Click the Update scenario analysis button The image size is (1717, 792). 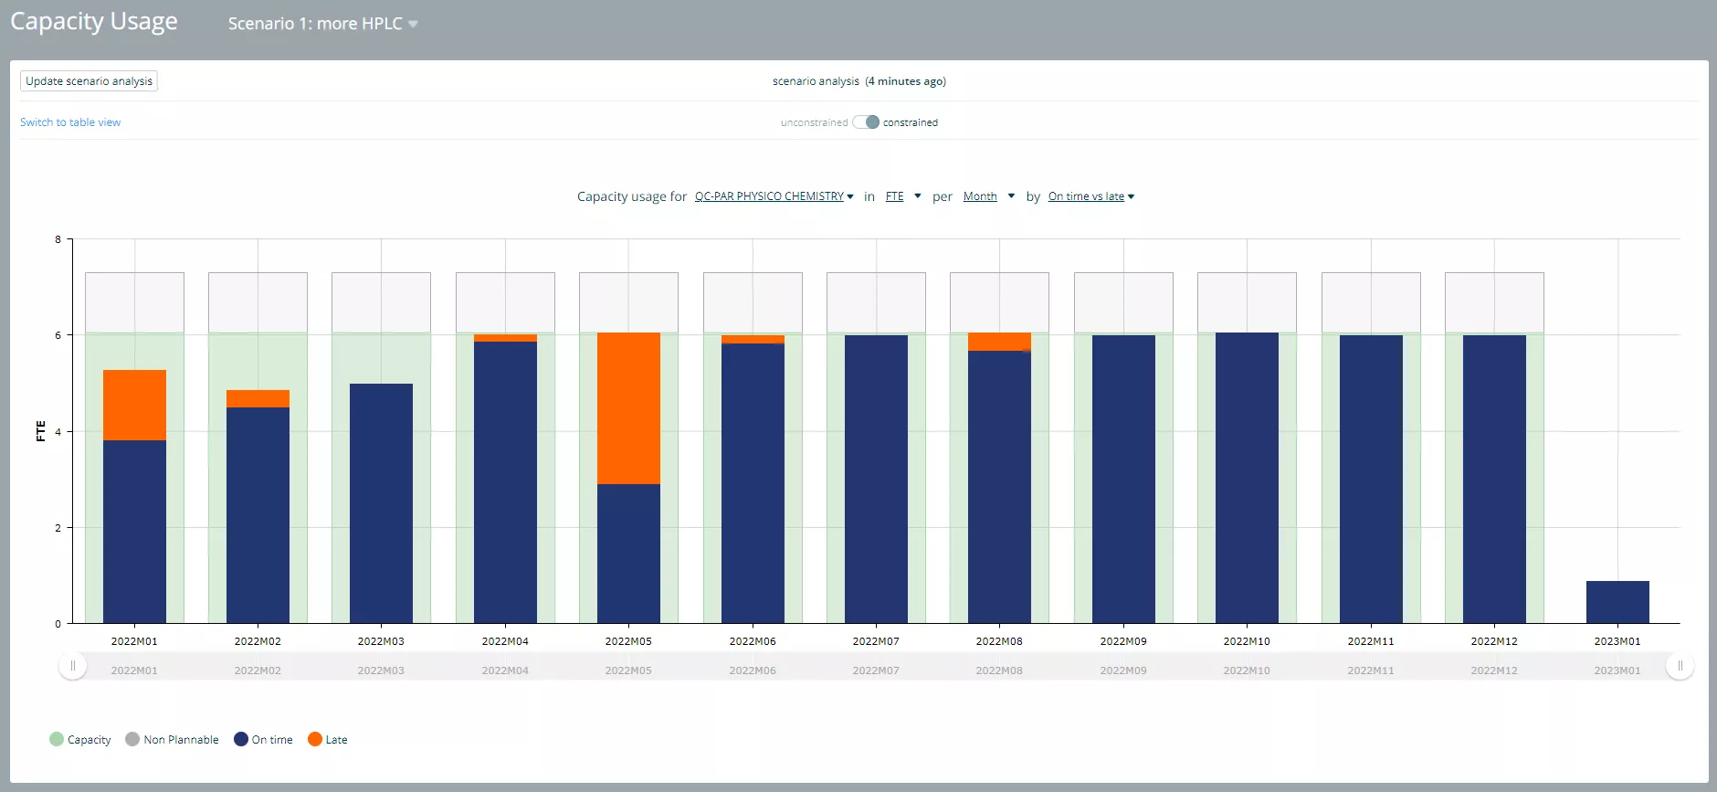tap(89, 81)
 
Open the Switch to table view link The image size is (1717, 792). tap(70, 122)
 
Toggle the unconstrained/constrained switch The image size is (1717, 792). tap(866, 122)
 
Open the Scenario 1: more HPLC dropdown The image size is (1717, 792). tap(322, 24)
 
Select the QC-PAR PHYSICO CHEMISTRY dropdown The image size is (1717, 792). tap(774, 196)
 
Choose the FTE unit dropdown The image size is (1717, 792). tap(902, 196)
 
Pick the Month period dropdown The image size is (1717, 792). tap(988, 196)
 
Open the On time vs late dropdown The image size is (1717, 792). tap(1090, 196)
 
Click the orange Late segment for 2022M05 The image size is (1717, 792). tap(628, 408)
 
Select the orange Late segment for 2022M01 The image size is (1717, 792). tap(134, 405)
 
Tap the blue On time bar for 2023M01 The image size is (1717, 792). tap(1617, 602)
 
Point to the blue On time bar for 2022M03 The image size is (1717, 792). tap(381, 503)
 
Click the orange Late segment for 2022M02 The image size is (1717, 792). tap(258, 398)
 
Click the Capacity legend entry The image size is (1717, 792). tap(80, 739)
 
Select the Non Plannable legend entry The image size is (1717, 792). tap(172, 739)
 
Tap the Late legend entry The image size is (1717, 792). tap(328, 739)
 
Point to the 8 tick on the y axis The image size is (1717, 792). tap(58, 239)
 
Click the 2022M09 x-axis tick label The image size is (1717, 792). tap(1123, 641)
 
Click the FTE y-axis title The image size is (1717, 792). tap(40, 431)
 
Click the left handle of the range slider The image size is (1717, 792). tap(73, 666)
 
